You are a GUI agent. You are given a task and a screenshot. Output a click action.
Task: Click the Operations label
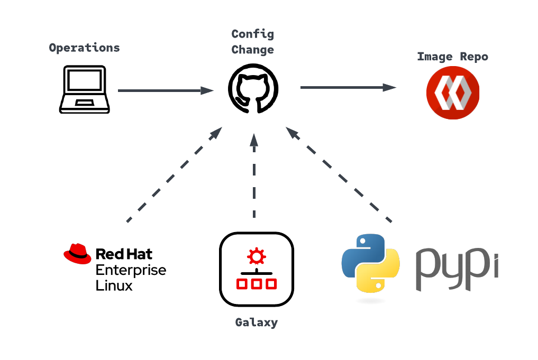click(x=84, y=48)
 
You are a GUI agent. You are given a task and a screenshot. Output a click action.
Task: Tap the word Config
click(x=252, y=35)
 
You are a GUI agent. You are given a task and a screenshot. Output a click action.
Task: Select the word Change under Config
click(x=252, y=50)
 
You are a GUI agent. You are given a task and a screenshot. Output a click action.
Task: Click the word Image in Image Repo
click(x=434, y=57)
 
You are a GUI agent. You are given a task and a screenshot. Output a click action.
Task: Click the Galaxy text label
click(x=257, y=322)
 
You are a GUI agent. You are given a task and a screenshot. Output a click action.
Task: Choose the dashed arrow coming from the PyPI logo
click(x=339, y=174)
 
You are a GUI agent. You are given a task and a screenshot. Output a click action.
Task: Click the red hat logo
click(x=77, y=254)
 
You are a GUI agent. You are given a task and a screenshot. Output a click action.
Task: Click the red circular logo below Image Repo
click(x=453, y=93)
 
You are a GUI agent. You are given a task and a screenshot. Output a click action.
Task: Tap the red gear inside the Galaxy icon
click(x=257, y=256)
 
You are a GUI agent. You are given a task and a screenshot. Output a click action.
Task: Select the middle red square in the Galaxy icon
click(x=257, y=284)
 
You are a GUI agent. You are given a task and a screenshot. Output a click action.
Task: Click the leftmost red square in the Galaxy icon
click(x=242, y=284)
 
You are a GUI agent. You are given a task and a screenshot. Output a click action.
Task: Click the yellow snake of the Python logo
click(x=379, y=275)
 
